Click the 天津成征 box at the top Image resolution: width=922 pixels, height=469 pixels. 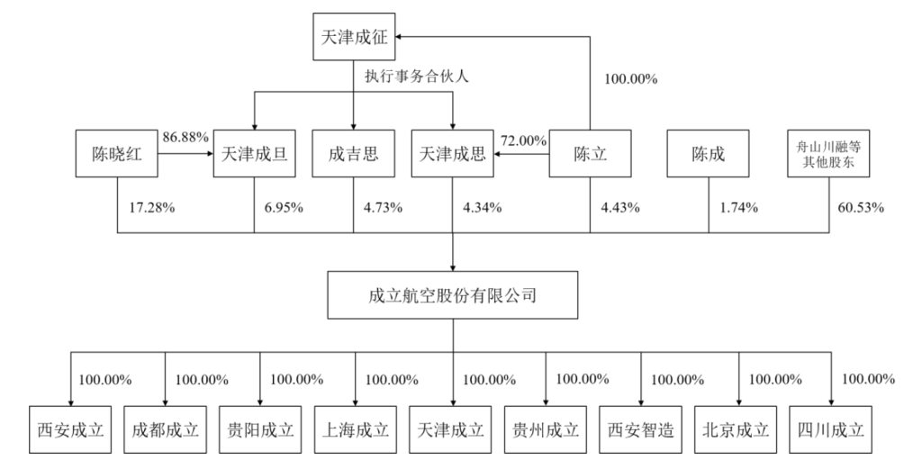coord(354,37)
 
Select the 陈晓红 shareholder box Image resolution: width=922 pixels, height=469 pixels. coord(116,154)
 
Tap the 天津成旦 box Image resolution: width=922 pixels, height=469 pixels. coord(254,154)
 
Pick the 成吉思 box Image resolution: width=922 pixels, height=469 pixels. coord(353,154)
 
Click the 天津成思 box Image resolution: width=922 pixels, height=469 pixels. coord(453,154)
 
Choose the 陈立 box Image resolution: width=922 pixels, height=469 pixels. coord(591,154)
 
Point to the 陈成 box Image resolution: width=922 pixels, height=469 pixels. coord(708,154)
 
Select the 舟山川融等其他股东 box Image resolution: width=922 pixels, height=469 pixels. coord(828,154)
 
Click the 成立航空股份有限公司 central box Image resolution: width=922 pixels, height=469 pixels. coord(453,295)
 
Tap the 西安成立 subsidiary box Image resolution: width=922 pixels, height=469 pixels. coord(70,429)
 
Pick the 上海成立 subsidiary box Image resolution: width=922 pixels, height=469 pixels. coord(355,429)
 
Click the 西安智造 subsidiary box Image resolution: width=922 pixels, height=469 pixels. coord(641,429)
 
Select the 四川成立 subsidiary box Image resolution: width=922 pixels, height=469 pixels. coord(831,429)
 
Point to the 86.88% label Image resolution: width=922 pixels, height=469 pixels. coord(185,138)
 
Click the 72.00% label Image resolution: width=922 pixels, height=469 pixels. coord(523,141)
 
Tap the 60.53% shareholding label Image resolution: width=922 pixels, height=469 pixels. coord(860,207)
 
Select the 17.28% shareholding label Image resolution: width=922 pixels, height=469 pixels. coord(151,207)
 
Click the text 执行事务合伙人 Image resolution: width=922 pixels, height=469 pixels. coord(416,77)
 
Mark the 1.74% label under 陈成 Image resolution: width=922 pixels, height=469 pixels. coord(739,207)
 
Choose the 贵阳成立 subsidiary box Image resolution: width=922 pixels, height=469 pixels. coord(260,429)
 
